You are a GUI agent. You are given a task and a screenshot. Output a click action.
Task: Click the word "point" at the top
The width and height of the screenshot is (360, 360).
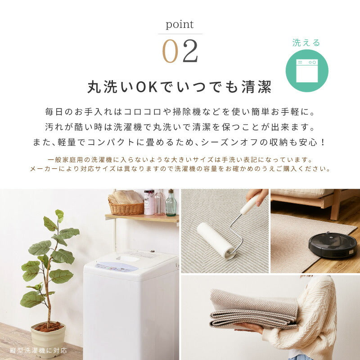180,25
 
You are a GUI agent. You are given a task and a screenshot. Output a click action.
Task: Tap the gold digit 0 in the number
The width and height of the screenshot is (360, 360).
170,51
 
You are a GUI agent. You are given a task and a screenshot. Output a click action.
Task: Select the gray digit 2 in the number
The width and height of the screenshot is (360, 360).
190,51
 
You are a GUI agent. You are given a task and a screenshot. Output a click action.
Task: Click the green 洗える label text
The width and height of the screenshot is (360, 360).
306,43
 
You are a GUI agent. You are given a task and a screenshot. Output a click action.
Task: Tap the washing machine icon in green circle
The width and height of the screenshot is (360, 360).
307,71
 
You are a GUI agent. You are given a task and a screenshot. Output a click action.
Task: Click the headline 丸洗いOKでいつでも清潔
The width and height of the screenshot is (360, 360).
180,87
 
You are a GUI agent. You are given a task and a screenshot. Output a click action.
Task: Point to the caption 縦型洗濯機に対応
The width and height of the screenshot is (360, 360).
38,350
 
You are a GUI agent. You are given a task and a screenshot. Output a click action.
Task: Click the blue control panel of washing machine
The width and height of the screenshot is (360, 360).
116,266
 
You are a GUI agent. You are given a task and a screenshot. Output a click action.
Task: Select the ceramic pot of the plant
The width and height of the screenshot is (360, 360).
48,339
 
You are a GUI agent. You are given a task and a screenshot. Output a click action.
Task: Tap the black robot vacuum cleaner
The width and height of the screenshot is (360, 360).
332,245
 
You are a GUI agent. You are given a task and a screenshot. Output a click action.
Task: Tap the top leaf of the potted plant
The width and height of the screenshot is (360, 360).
59,215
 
